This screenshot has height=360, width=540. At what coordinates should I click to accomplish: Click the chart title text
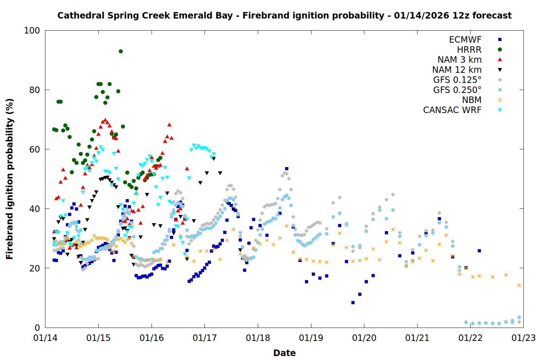click(x=284, y=15)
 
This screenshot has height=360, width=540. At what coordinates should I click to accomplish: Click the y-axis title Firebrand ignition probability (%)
click(x=9, y=179)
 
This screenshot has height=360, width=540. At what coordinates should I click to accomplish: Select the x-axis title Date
click(x=284, y=353)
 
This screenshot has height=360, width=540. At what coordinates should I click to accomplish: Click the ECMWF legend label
click(x=465, y=40)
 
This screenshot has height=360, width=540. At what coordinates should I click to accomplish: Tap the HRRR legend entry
click(x=469, y=50)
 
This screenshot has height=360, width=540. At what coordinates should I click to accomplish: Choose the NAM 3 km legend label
click(x=459, y=60)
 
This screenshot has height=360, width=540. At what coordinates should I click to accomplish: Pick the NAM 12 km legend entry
click(x=457, y=70)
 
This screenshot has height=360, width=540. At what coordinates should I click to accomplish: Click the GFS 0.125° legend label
click(x=457, y=80)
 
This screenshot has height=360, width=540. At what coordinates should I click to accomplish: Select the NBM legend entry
click(x=472, y=100)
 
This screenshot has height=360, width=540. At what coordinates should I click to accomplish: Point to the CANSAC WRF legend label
click(x=452, y=110)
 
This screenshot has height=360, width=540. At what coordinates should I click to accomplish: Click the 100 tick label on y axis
click(x=32, y=31)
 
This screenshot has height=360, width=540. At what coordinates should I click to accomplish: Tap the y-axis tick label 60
click(x=35, y=149)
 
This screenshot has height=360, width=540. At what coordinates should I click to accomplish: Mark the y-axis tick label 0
click(x=37, y=328)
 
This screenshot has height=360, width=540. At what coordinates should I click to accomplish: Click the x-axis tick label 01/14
click(x=45, y=338)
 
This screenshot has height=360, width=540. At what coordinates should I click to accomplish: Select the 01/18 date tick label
click(x=258, y=338)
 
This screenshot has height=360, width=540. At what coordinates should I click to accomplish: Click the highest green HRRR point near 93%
click(x=121, y=51)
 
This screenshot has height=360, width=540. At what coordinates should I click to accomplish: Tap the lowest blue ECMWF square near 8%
click(x=353, y=303)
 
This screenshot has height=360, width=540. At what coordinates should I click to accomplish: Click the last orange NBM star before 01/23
click(x=519, y=285)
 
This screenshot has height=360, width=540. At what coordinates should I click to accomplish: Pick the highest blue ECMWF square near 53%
click(x=287, y=168)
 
